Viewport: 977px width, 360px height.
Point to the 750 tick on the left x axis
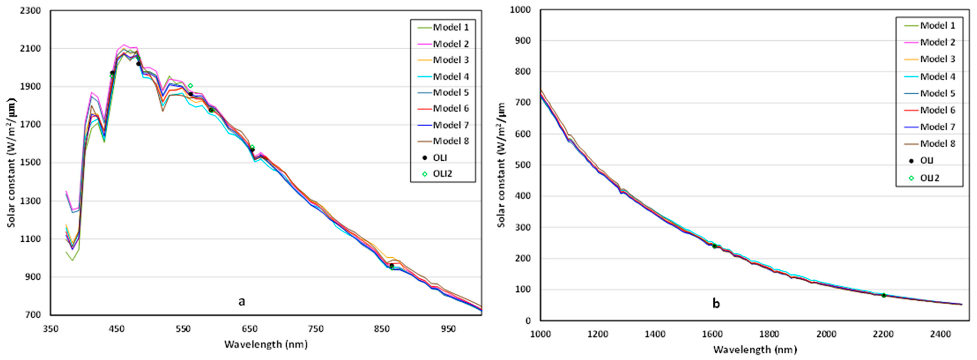pyautogui.click(x=316, y=329)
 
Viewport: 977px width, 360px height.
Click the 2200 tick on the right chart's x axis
pyautogui.click(x=883, y=334)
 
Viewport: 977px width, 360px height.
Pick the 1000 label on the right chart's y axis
pyautogui.click(x=520, y=10)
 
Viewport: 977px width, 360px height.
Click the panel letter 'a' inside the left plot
pyautogui.click(x=241, y=301)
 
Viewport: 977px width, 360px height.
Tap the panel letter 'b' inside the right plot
pyautogui.click(x=716, y=303)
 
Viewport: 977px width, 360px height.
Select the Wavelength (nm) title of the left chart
pyautogui.click(x=266, y=344)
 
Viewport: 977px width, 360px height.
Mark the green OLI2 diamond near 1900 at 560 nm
pyautogui.click(x=191, y=86)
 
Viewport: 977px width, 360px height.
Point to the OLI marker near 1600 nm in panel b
pyautogui.click(x=715, y=246)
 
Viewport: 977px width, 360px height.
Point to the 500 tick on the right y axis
pyautogui.click(x=523, y=165)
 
